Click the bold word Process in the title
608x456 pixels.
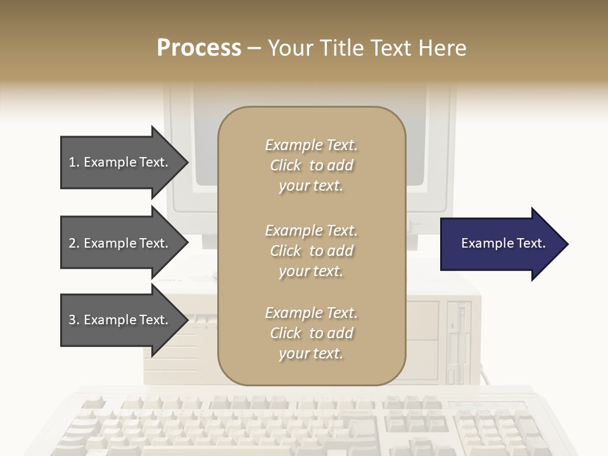pyautogui.click(x=199, y=48)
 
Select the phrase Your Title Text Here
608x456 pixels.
pyautogui.click(x=367, y=48)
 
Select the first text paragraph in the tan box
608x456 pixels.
pyautogui.click(x=311, y=165)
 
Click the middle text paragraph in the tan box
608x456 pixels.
pyautogui.click(x=311, y=251)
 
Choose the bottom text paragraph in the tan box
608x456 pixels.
pyautogui.click(x=311, y=333)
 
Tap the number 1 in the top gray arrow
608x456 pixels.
pyautogui.click(x=72, y=162)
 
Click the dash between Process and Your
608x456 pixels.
pyautogui.click(x=254, y=49)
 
